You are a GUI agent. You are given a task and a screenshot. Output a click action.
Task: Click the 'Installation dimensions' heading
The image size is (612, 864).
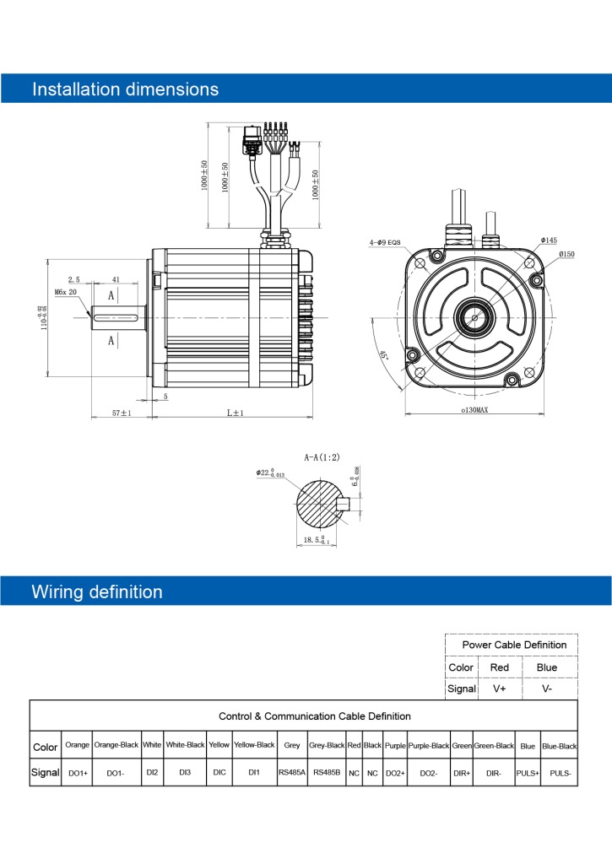pos(125,89)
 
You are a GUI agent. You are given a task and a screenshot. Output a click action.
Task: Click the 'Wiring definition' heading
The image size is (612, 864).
pos(97,591)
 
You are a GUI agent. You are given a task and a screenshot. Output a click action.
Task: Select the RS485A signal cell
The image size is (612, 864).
pos(292,772)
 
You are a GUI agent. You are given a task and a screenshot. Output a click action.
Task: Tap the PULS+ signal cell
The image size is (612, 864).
pos(528,772)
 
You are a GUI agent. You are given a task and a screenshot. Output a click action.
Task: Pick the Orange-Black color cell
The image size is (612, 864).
pos(116,746)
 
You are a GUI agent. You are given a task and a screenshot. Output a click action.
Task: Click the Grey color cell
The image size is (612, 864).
pos(292,746)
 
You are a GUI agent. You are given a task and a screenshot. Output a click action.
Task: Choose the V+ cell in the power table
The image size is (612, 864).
pos(499,688)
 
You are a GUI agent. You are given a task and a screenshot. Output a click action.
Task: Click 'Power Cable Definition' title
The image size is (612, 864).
pos(514,645)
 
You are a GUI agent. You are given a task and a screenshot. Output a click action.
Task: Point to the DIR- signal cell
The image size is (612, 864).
pos(494,772)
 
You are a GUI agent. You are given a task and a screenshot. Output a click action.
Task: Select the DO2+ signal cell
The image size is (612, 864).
pos(395,772)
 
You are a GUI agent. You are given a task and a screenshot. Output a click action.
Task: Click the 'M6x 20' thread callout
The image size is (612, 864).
pos(66,292)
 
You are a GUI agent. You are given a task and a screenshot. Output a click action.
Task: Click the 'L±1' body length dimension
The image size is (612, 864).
pos(235,413)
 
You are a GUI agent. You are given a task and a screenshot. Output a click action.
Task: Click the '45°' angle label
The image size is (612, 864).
pos(383,357)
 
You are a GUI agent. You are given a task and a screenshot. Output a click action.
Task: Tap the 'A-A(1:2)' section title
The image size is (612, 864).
pos(322,456)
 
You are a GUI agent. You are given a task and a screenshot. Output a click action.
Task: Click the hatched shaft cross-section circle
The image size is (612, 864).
pos(321,505)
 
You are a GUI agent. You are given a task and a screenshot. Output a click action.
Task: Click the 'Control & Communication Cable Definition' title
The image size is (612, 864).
pos(314,715)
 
